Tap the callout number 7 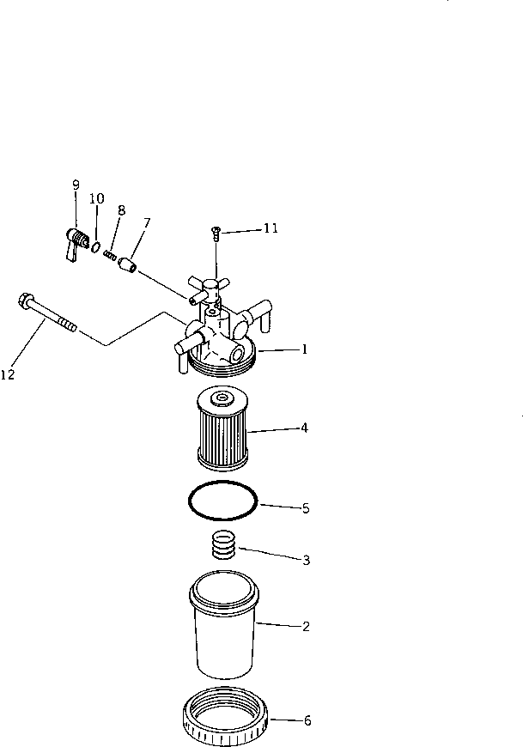(x=147, y=222)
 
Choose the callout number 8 (x=121, y=210)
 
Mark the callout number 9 (x=76, y=185)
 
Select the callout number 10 (x=97, y=198)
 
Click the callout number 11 (x=271, y=228)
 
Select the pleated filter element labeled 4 (x=222, y=429)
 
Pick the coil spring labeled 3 (x=223, y=546)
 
